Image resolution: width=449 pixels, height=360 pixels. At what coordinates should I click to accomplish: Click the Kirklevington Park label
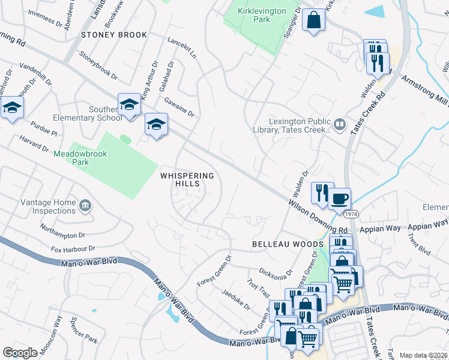[261, 15]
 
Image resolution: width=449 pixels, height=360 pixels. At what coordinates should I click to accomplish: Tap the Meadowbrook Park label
[80, 158]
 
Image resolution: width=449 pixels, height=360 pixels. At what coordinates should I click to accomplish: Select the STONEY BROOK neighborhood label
[114, 35]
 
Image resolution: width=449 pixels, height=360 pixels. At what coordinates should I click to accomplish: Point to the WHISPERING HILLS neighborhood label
[187, 179]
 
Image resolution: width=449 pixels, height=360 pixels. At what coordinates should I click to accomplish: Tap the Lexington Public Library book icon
[340, 124]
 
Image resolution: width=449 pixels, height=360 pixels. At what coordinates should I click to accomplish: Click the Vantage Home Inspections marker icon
[85, 206]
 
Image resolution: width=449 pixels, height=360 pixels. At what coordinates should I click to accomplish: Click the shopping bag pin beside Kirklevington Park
[313, 20]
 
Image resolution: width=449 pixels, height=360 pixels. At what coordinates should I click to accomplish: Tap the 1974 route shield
[352, 213]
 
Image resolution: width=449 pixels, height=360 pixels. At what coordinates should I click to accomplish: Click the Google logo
[20, 352]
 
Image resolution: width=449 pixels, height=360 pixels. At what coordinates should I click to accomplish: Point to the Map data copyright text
[424, 355]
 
